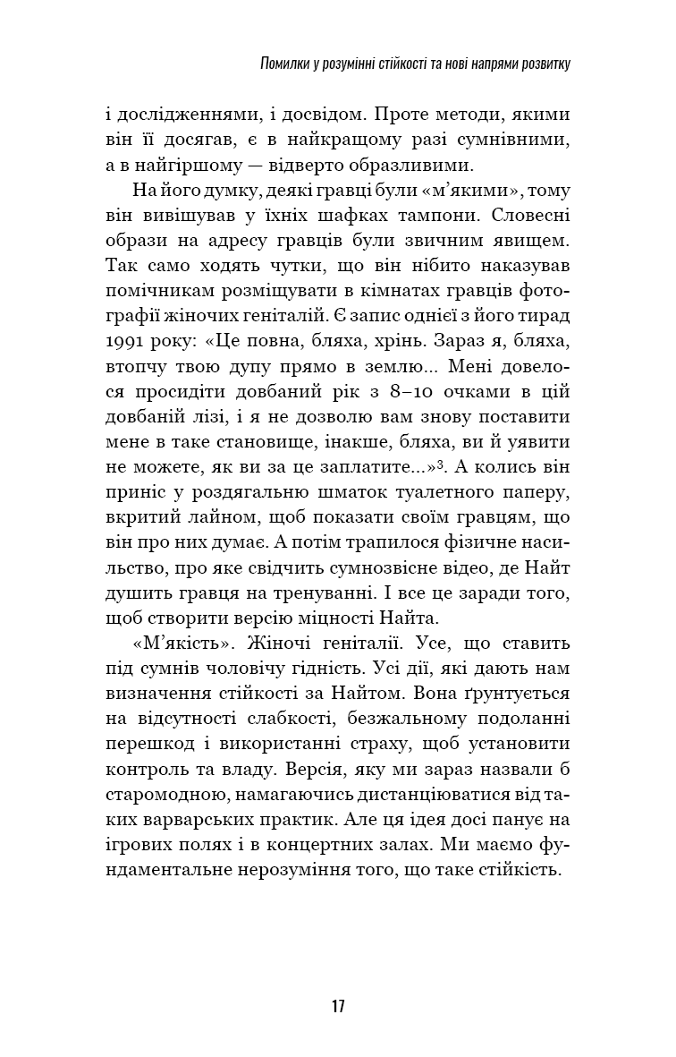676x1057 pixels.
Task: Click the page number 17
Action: point(337,1005)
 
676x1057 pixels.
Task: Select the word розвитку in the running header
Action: point(540,64)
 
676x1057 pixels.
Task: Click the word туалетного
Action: point(446,491)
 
